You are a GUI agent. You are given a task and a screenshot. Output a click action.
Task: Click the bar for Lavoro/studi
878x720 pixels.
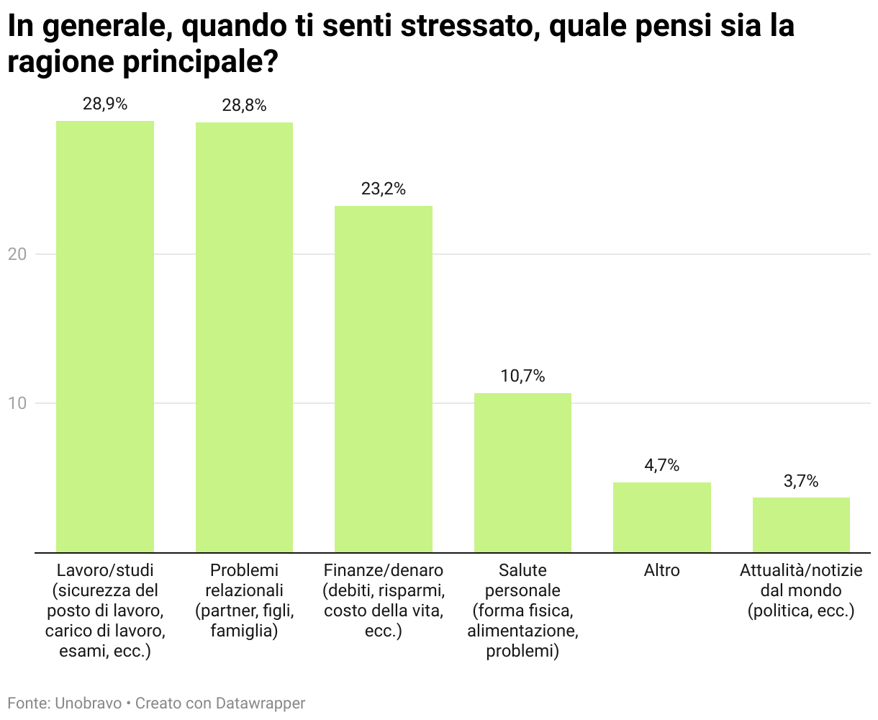pos(105,336)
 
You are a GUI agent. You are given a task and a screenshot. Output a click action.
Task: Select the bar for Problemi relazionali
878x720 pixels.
pos(244,337)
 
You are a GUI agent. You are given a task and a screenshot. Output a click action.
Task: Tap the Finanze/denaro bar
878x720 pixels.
pos(384,379)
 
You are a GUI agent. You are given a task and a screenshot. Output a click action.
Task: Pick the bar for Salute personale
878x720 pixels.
pos(522,472)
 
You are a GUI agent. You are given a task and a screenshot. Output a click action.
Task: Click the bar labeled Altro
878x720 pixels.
pos(662,517)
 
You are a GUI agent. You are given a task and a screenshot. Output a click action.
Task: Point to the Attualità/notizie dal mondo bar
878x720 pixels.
pos(801,525)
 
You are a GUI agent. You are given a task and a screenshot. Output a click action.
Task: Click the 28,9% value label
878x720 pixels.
pos(105,104)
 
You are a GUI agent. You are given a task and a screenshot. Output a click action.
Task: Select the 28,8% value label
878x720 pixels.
pos(244,105)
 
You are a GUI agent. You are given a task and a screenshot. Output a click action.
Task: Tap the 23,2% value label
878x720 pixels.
pos(384,189)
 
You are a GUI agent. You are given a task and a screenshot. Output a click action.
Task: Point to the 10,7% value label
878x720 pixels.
pos(522,376)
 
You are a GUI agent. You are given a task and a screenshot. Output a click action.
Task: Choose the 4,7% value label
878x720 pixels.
pos(662,465)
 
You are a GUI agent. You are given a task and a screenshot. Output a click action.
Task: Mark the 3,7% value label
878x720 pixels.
pos(801,481)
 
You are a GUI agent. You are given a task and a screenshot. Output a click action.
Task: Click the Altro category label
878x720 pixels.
pos(662,570)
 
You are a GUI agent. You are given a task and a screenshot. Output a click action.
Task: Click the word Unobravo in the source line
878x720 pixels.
pos(89,703)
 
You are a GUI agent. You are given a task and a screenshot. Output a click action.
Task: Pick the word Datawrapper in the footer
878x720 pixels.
pos(261,703)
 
